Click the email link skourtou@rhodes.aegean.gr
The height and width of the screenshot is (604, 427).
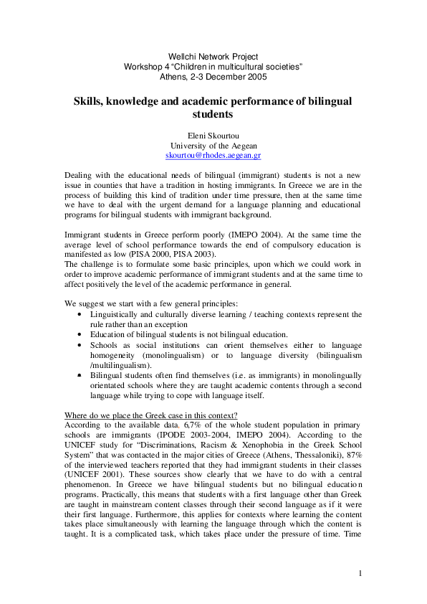pyautogui.click(x=213, y=154)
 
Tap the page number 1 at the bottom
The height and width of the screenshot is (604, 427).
pyautogui.click(x=361, y=573)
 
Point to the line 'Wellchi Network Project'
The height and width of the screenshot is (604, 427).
pyautogui.click(x=213, y=57)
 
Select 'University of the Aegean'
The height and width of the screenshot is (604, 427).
pyautogui.click(x=213, y=145)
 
